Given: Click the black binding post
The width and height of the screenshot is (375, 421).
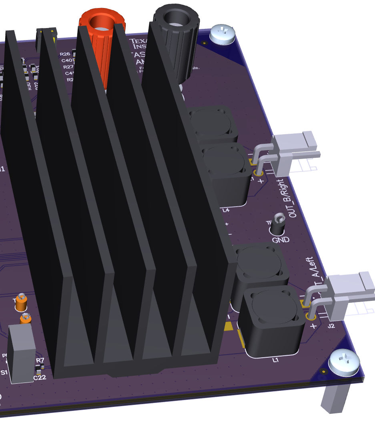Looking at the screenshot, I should (176, 24).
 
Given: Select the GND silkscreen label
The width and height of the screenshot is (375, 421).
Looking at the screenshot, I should (281, 240).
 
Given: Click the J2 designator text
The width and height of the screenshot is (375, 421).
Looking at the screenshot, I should (331, 326).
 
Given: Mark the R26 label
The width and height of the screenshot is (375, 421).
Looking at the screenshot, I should (65, 54).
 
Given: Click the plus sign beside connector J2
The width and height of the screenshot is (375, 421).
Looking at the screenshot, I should (313, 325).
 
